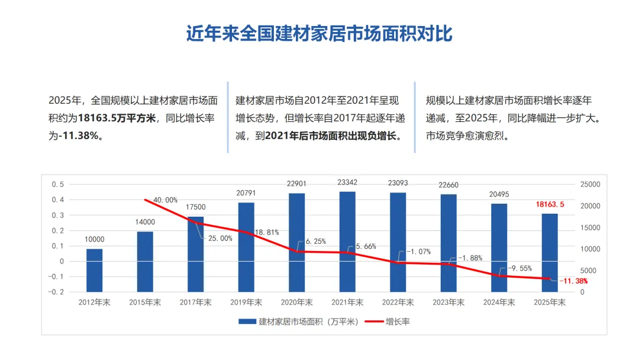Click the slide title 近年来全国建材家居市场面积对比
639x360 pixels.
coord(319,34)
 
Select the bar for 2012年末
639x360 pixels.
coord(94,270)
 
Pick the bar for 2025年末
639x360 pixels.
coord(550,253)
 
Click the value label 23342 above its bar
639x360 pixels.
coord(347,182)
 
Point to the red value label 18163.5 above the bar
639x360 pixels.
coord(550,204)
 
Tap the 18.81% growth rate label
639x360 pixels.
coord(267,232)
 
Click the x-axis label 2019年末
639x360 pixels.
coord(246,302)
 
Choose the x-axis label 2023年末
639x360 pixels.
coord(448,302)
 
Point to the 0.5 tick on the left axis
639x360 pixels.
coord(58,184)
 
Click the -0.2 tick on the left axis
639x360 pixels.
coord(56,292)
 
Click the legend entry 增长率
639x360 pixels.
coord(398,322)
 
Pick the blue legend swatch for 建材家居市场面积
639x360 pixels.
coord(247,322)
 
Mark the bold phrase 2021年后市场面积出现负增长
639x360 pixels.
coord(333,136)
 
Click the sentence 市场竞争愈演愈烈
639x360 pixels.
coord(467,136)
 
